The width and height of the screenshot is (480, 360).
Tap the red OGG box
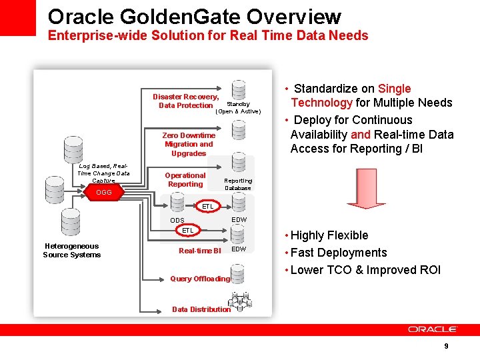click(104, 193)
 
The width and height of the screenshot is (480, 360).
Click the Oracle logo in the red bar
click(433, 329)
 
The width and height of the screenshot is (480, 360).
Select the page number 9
click(446, 346)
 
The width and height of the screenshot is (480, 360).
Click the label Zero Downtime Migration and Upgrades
click(189, 144)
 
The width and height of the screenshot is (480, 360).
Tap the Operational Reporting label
click(185, 180)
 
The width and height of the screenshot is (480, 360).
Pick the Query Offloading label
click(200, 279)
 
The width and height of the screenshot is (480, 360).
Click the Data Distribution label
click(201, 309)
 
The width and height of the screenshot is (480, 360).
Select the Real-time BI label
click(199, 251)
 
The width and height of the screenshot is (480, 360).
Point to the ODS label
click(177, 221)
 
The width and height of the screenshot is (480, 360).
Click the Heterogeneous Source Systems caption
click(72, 251)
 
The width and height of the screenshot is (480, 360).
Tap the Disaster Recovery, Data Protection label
click(186, 101)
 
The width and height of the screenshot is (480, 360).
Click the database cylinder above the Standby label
click(238, 90)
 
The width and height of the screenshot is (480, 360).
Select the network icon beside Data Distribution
click(243, 303)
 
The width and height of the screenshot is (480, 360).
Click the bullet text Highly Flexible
click(329, 235)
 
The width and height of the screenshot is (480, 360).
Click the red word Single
click(394, 89)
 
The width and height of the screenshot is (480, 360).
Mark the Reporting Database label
click(238, 184)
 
